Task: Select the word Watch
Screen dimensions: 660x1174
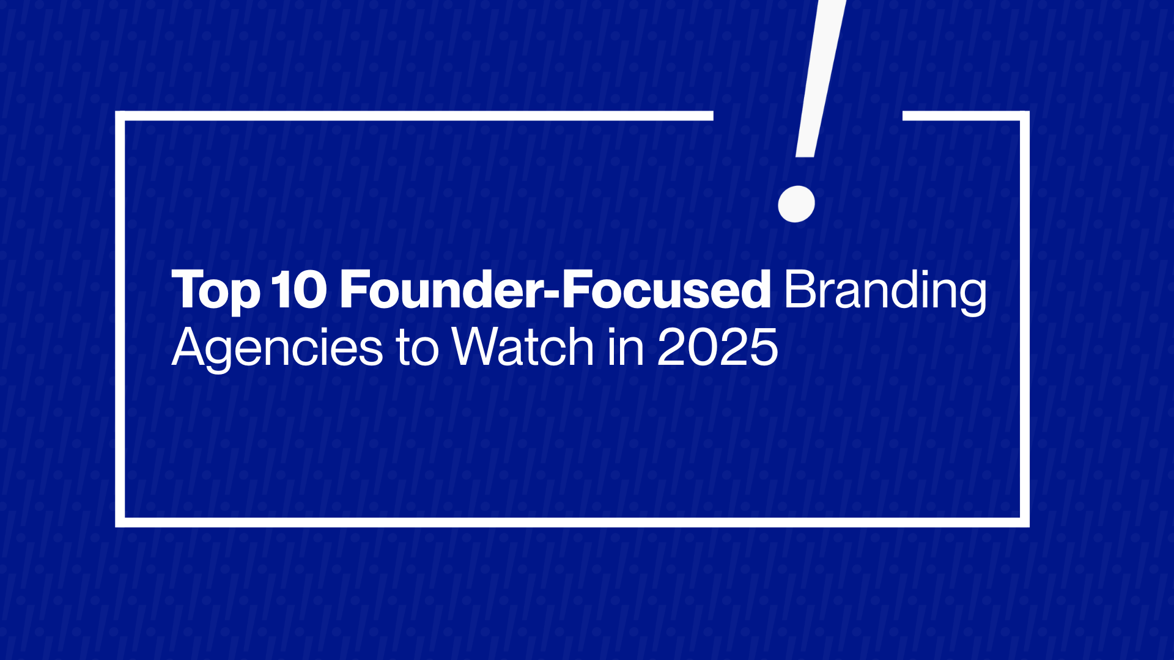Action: [523, 347]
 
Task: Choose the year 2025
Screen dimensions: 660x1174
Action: [717, 347]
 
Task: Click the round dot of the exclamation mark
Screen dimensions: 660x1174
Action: [796, 204]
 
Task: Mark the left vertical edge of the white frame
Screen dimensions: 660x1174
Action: [120, 318]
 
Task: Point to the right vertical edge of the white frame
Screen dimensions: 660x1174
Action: [1025, 318]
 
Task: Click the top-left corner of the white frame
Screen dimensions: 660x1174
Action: [120, 116]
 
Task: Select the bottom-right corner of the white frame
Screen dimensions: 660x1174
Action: [1024, 522]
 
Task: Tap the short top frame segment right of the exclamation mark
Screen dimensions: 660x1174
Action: [960, 116]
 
